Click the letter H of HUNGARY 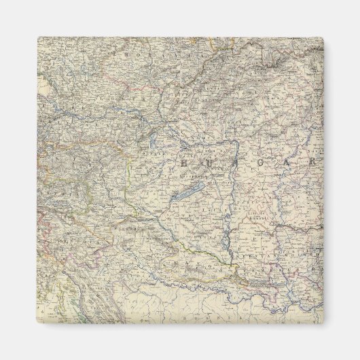tap(183, 164)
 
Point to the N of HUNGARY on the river tap(231, 164)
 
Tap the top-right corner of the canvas tap(323, 38)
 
